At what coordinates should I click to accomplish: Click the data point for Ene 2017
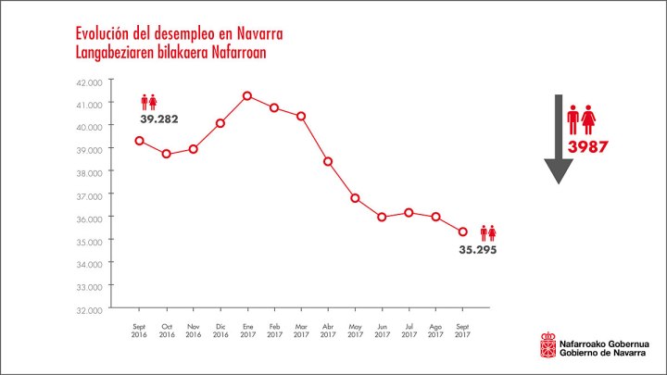pos(247,95)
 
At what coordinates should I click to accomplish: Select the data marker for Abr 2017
pos(328,161)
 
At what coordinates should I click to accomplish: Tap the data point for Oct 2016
pos(166,154)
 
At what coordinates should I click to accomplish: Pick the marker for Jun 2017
pos(382,217)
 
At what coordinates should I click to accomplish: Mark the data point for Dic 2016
pos(220,122)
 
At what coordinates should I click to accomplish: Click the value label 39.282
pos(159,119)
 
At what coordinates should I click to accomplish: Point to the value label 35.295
pos(478,248)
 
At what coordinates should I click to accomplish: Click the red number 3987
pos(587,146)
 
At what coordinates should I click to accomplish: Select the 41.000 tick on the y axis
pos(91,104)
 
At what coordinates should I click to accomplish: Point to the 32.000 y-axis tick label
pos(91,309)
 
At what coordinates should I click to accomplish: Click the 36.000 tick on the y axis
pos(91,218)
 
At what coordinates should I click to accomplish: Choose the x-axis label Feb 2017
pos(274,331)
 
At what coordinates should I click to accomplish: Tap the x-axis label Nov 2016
pos(194,331)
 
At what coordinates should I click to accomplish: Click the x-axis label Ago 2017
pos(435,331)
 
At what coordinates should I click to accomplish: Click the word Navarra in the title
pos(258,34)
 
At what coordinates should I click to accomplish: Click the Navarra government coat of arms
pos(547,345)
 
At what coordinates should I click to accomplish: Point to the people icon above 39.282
pos(149,102)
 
